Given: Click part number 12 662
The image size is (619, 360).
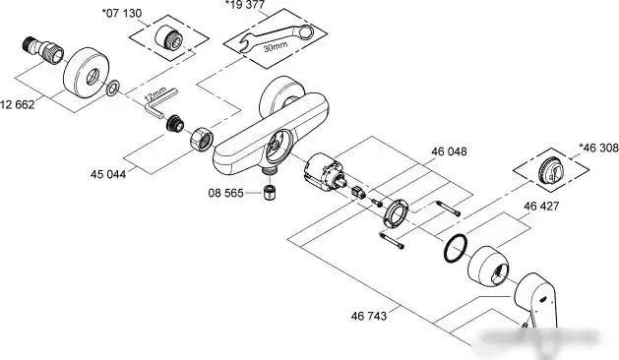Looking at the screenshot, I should coord(19,104).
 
